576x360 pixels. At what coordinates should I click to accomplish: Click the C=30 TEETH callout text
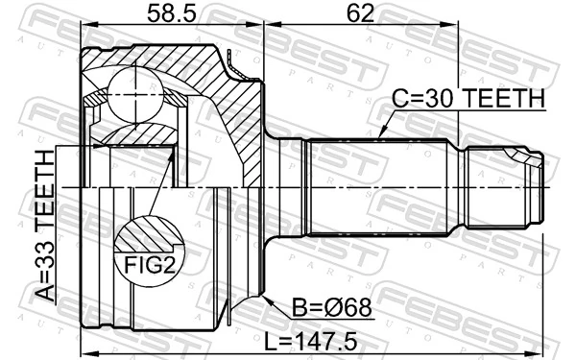pyautogui.click(x=468, y=99)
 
